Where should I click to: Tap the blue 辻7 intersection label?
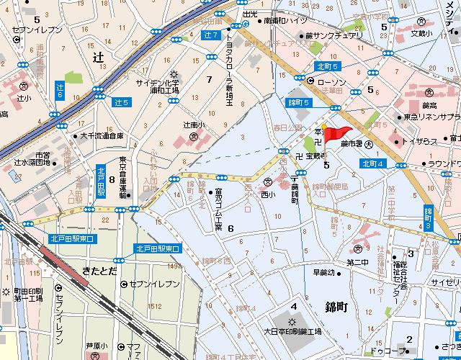point(210,35)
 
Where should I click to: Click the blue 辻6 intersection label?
point(61,90)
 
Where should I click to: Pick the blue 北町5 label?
point(326,67)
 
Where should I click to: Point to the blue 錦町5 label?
point(298,103)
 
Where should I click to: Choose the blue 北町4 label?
point(374,163)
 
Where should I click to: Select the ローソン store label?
point(331,82)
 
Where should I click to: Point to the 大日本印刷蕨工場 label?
point(296,332)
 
